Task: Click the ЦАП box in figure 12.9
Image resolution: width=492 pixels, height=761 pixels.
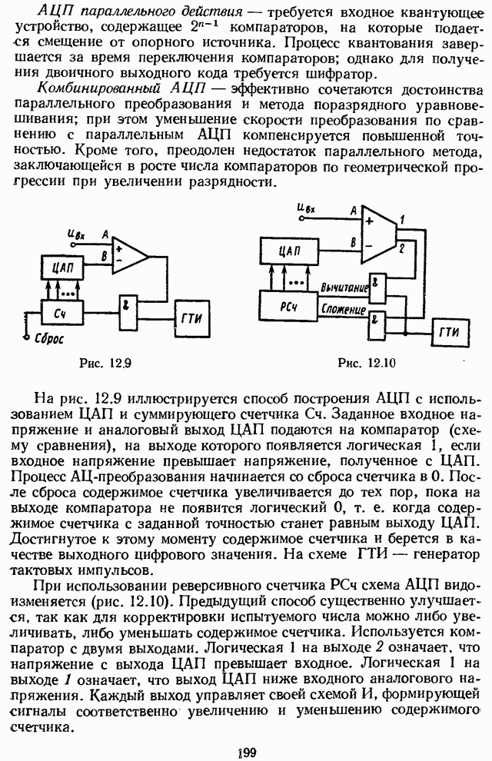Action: coord(61,267)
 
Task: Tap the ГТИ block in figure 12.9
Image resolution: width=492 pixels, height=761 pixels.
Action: coord(193,319)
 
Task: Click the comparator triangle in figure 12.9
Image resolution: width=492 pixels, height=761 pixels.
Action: coord(130,255)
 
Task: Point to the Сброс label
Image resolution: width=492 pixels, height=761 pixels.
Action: coord(48,337)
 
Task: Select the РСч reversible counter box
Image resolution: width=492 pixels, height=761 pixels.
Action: coord(289,305)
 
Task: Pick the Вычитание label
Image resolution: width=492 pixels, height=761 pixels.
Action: coord(344,287)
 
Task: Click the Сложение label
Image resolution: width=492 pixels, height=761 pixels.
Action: coord(343,309)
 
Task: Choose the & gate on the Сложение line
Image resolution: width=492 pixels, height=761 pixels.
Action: coord(376,324)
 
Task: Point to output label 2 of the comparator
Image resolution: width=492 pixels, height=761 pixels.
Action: coord(402,249)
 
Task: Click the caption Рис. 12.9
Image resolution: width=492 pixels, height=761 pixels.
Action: coord(105,363)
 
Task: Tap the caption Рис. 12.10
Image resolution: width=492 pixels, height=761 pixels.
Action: coord(367,363)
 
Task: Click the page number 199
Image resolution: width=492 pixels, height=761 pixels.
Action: coord(247,753)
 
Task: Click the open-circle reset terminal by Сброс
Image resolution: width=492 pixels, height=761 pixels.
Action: coord(25,337)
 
